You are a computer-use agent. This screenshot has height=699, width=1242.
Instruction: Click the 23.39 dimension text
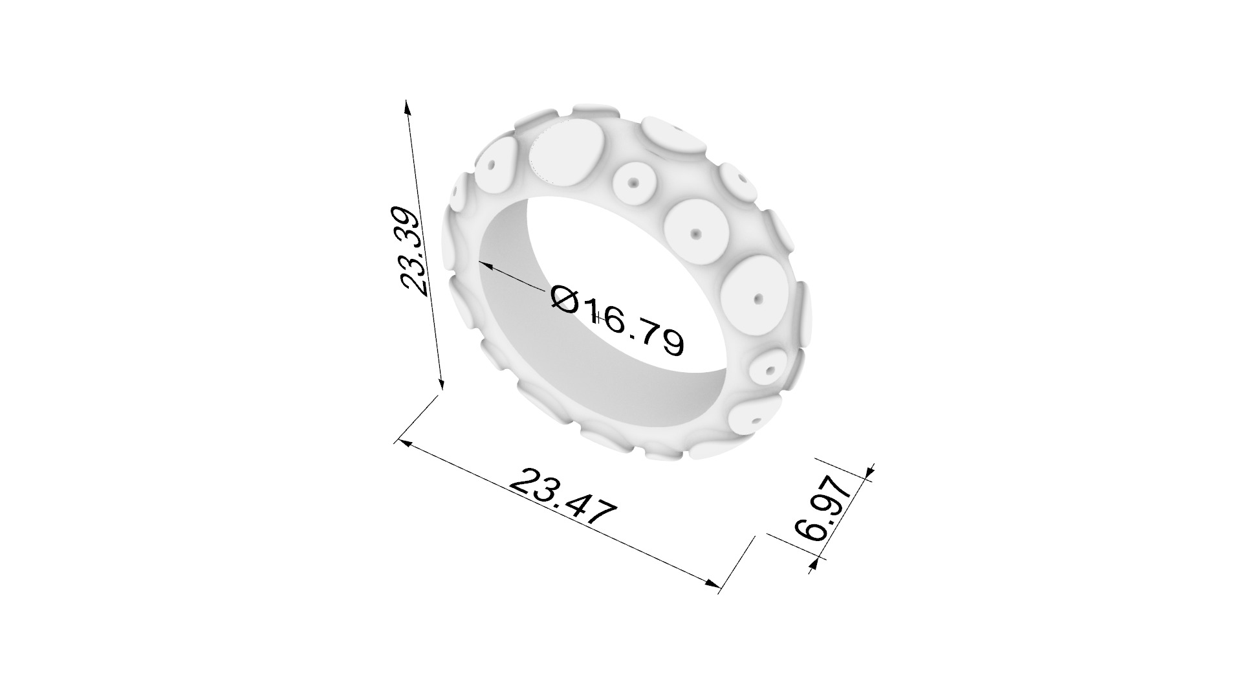pos(412,251)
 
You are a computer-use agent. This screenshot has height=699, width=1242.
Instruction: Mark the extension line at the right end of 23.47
pos(737,563)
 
